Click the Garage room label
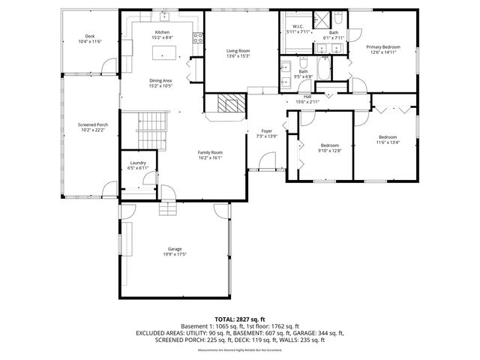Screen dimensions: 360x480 point(175,251)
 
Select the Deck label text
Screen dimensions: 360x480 point(90,39)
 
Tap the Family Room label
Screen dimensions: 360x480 point(210,154)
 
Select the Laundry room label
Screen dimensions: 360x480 point(137,165)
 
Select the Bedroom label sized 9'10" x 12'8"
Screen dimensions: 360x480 point(330,148)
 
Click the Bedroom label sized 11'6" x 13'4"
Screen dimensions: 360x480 point(387,139)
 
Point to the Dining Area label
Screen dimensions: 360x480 point(162,83)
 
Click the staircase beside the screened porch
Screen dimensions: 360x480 point(151,121)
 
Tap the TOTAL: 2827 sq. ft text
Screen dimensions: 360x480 point(240,319)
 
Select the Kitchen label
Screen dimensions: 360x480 point(162,34)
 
